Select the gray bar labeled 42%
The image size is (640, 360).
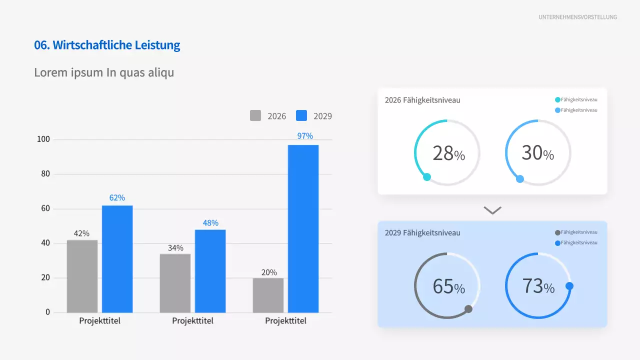point(82,276)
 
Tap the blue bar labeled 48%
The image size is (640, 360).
point(210,271)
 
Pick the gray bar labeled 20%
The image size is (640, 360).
point(268,295)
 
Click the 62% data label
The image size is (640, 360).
point(117,197)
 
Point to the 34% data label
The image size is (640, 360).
point(175,247)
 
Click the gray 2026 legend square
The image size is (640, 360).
point(255,115)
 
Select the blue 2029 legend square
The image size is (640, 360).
point(301,115)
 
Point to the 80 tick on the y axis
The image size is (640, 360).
point(45,174)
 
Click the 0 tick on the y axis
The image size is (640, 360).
point(48,312)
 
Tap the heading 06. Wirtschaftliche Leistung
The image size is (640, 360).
point(107,45)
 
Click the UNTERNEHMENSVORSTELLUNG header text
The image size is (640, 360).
point(577,17)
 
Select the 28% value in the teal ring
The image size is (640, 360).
point(448,153)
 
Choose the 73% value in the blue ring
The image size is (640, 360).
point(538,286)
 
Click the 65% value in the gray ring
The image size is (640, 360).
point(448,286)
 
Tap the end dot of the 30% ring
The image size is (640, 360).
point(520,179)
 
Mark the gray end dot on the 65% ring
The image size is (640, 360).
point(468,309)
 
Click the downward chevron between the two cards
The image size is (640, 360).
point(492,210)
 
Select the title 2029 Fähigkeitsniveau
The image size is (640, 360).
point(422,232)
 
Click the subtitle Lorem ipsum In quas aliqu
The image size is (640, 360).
point(104,72)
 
